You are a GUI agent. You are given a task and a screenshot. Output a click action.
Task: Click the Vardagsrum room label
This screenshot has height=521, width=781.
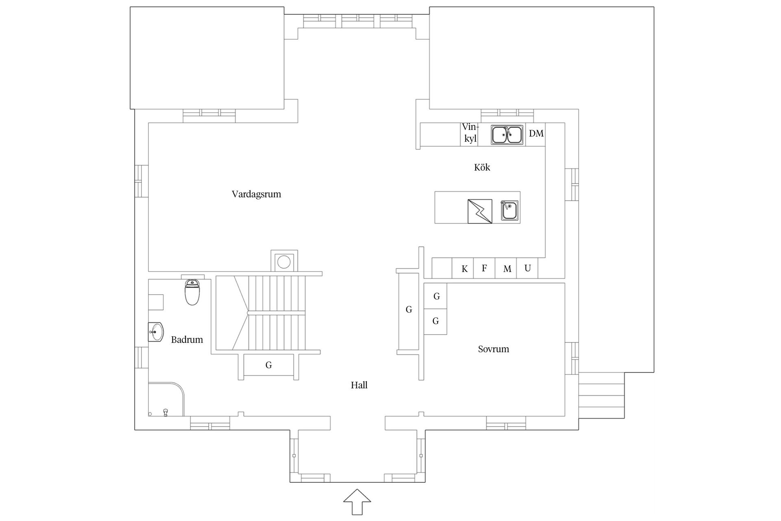[x=256, y=194]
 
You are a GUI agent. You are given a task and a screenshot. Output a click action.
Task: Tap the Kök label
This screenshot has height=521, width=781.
[x=482, y=167]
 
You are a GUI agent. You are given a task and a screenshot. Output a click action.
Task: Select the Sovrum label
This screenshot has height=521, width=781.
[x=493, y=349]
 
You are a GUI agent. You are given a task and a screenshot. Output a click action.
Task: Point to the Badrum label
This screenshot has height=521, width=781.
[x=187, y=339]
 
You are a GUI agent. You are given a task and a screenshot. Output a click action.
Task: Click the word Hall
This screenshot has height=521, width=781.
[x=359, y=385]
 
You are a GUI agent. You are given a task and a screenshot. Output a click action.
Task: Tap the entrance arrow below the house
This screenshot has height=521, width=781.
[x=357, y=502]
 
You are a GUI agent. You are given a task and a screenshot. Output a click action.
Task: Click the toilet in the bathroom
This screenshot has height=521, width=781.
[x=192, y=292]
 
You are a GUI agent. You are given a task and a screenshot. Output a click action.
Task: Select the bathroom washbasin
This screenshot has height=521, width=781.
[x=156, y=332]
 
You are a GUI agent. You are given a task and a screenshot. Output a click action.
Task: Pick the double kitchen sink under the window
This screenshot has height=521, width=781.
[x=507, y=135]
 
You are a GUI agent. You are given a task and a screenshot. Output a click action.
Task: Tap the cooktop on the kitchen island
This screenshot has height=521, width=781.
[x=480, y=211]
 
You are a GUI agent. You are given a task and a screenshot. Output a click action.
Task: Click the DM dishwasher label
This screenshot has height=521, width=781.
[x=536, y=134]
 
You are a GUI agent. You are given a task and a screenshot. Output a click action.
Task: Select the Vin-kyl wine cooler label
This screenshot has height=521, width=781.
[x=470, y=133]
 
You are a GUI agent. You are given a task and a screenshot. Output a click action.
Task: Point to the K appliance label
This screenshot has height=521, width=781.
[x=465, y=269]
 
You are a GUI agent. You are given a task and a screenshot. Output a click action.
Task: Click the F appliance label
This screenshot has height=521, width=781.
[x=484, y=268]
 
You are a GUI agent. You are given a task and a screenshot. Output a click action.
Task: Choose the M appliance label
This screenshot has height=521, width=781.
[x=507, y=269]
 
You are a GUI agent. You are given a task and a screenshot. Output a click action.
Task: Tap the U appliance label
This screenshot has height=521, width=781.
[x=528, y=268]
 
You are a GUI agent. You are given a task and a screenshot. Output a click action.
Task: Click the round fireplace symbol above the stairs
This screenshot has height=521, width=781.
[x=284, y=262]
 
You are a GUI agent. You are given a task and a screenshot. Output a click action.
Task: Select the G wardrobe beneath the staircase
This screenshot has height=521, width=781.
[x=268, y=365]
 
